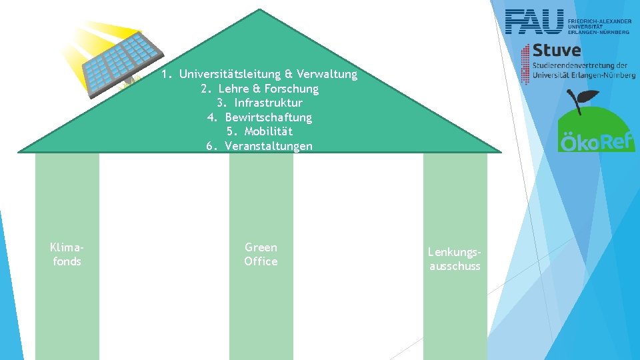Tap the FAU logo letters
534,22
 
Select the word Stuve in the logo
557,51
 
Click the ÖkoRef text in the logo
597,143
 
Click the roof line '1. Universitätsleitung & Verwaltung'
259,74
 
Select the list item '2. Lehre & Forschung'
259,89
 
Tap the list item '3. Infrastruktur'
259,103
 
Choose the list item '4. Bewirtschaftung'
259,117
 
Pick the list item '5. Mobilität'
259,131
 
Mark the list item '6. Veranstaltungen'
259,146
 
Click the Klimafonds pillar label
67,254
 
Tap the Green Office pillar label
261,254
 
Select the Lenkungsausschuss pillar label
455,259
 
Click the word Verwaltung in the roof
327,74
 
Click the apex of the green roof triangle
259,11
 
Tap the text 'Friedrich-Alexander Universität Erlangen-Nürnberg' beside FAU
599,26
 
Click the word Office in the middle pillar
261,261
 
